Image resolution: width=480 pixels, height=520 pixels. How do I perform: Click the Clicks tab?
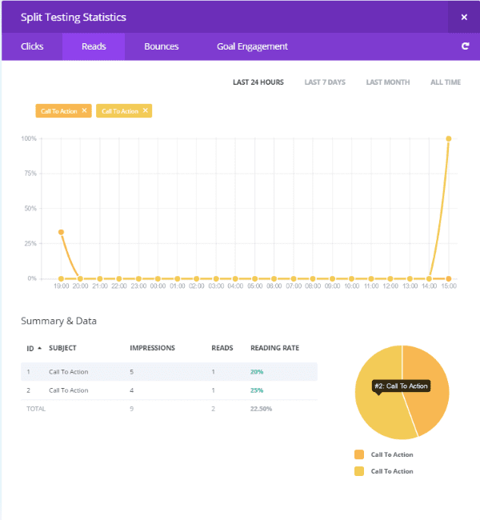[x=32, y=46]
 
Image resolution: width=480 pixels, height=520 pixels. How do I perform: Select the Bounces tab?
[x=161, y=46]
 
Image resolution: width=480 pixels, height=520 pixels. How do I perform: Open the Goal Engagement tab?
[x=252, y=46]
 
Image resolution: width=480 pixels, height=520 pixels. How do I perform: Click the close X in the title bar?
[x=464, y=17]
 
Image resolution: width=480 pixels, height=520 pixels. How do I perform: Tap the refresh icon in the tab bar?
[x=465, y=46]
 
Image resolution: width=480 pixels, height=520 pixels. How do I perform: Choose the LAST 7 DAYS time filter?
[x=324, y=82]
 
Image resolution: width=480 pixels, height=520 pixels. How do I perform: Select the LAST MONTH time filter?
[x=387, y=82]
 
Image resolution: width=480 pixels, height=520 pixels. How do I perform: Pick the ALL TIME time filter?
[x=446, y=82]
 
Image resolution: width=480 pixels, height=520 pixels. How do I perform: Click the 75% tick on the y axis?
[x=30, y=174]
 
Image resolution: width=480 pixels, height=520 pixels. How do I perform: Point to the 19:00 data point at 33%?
[x=61, y=232]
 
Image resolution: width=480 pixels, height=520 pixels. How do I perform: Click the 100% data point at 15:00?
[x=449, y=138]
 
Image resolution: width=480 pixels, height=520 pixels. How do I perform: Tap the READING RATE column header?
[x=274, y=348]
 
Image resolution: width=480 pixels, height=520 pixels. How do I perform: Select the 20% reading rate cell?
[x=258, y=372]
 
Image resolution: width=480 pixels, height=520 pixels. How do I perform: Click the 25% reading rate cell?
[x=258, y=390]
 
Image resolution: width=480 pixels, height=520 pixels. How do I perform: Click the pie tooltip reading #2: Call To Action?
[x=402, y=386]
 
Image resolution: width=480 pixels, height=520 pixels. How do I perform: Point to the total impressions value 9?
[x=132, y=409]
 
